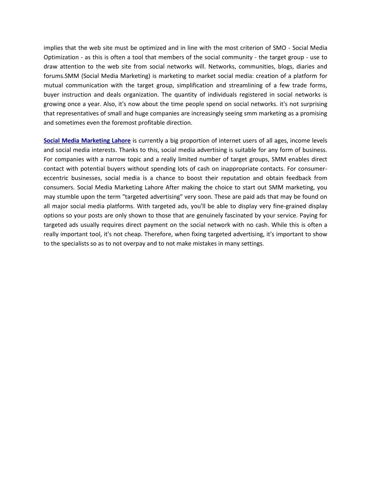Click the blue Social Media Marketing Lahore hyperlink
click(87, 141)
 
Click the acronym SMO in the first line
click(279, 48)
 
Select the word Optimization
click(61, 57)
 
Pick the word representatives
click(76, 113)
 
